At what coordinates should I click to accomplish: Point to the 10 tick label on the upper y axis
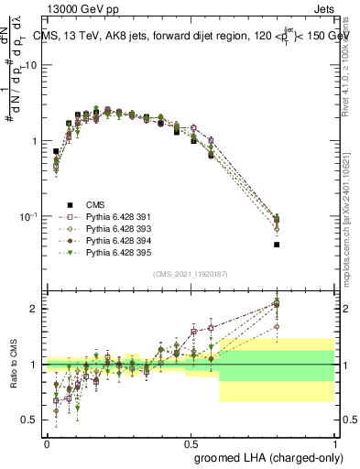click(32, 66)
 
